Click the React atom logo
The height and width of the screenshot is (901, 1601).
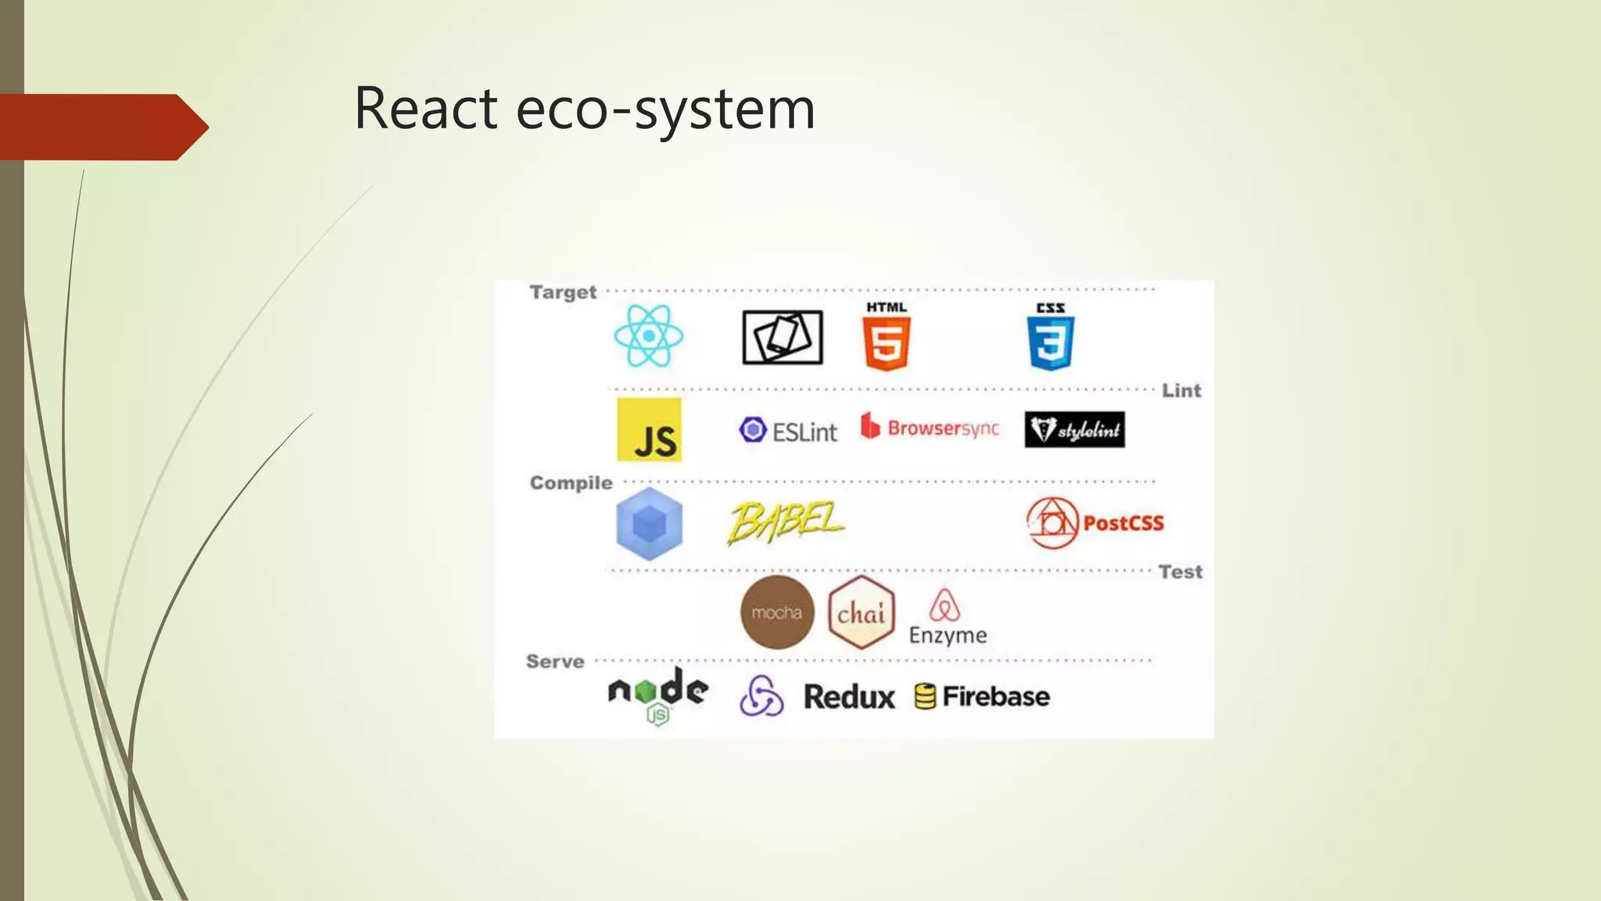pyautogui.click(x=648, y=336)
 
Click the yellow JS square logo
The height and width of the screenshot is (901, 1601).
pyautogui.click(x=649, y=430)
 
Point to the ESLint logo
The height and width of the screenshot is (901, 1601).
pyautogui.click(x=788, y=431)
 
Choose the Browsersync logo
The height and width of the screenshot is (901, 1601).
pyautogui.click(x=930, y=428)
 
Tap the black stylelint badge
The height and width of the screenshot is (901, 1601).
pyautogui.click(x=1074, y=429)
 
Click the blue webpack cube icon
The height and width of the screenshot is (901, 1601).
pyautogui.click(x=649, y=523)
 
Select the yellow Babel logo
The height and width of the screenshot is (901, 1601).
pyautogui.click(x=785, y=522)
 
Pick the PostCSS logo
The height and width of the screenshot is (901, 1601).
pyautogui.click(x=1095, y=523)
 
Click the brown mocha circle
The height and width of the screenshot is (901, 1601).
pyautogui.click(x=776, y=612)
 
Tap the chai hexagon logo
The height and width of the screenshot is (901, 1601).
pyautogui.click(x=861, y=613)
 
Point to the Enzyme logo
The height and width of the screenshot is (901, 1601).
pyautogui.click(x=947, y=618)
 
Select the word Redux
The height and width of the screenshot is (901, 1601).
pyautogui.click(x=849, y=697)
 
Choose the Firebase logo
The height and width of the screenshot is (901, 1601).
pyautogui.click(x=982, y=696)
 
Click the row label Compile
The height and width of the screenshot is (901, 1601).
pyautogui.click(x=571, y=483)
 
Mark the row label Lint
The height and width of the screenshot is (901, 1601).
pyautogui.click(x=1180, y=390)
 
